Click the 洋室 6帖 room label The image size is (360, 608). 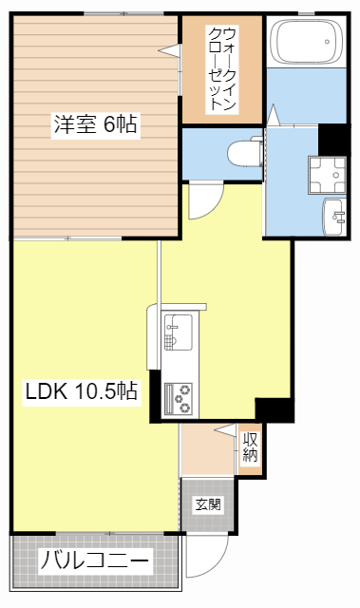click(95, 123)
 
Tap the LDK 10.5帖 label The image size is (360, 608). click(82, 390)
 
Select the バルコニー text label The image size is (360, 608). click(94, 560)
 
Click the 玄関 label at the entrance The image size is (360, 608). click(208, 503)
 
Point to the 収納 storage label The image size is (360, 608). click(250, 447)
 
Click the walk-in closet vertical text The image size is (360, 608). click(221, 69)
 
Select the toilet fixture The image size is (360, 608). click(246, 152)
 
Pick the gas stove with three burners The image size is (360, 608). click(178, 397)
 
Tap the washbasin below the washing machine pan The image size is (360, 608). click(335, 215)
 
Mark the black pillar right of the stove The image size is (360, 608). click(275, 410)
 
